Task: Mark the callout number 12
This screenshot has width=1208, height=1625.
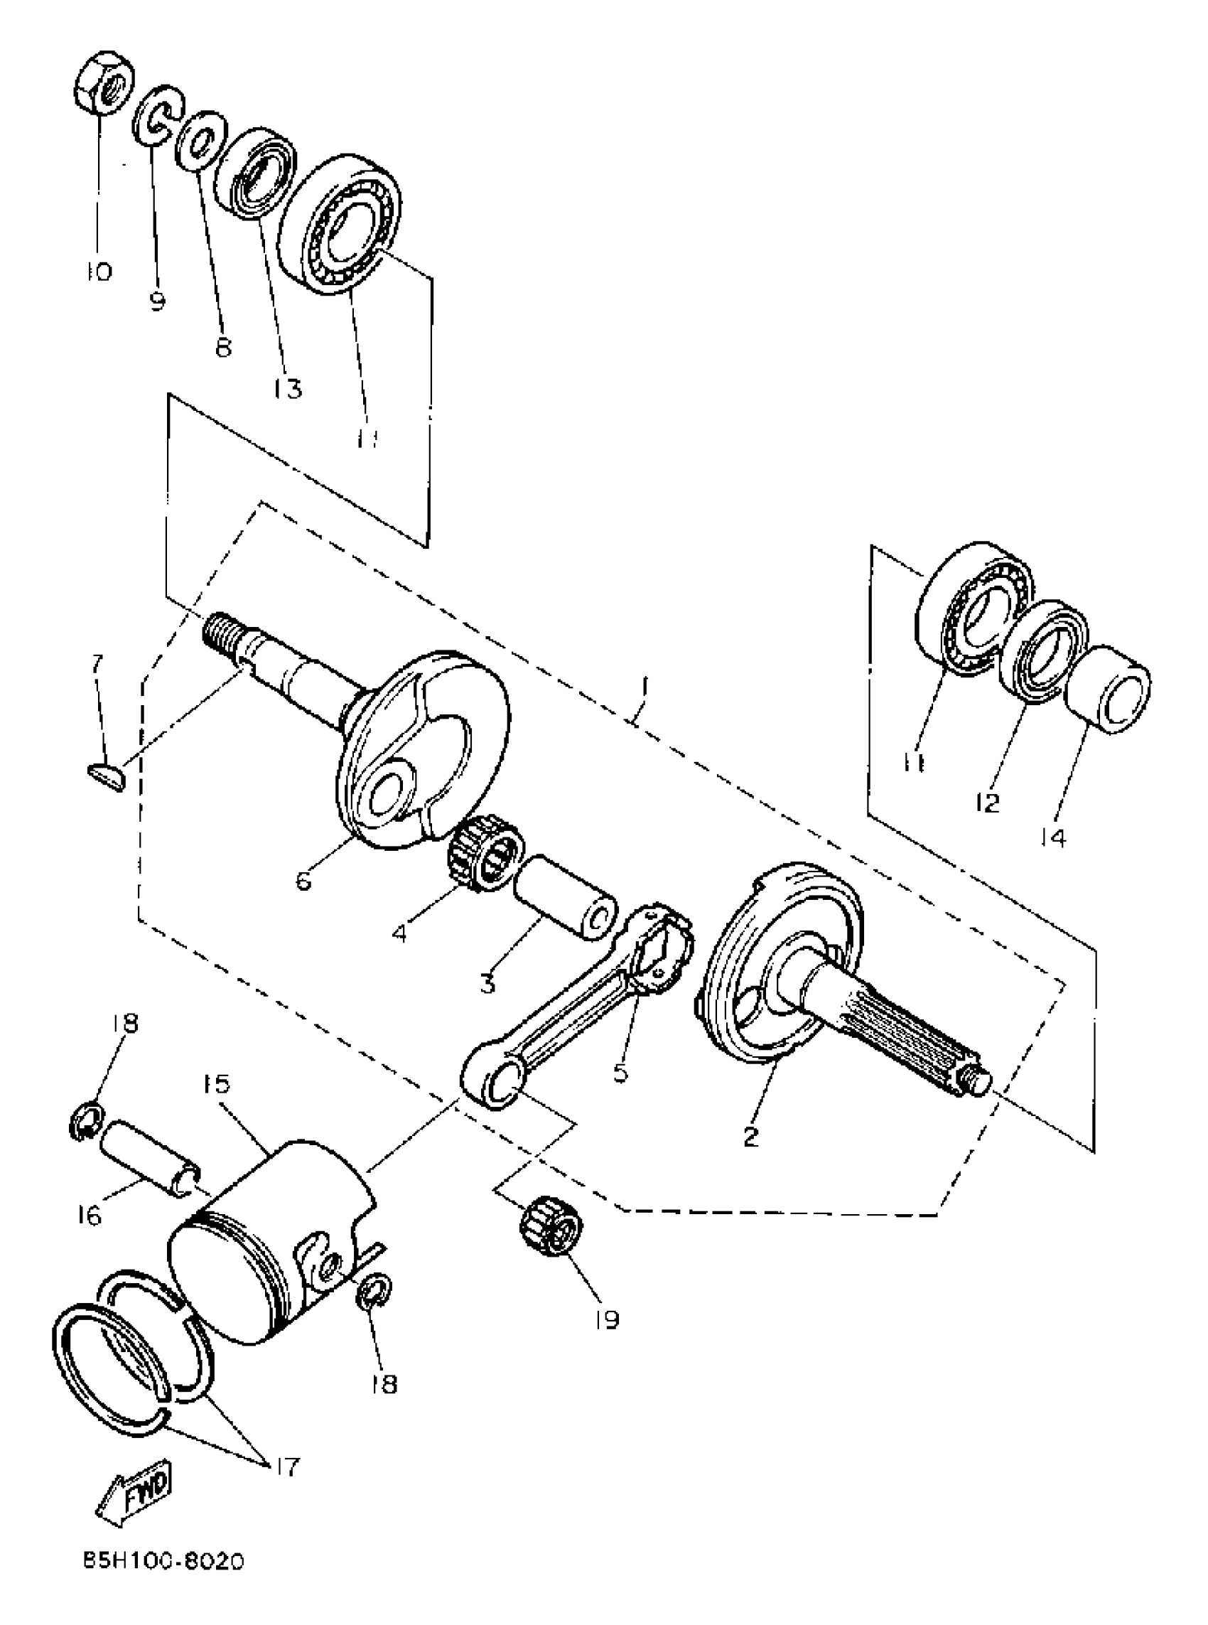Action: [986, 803]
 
